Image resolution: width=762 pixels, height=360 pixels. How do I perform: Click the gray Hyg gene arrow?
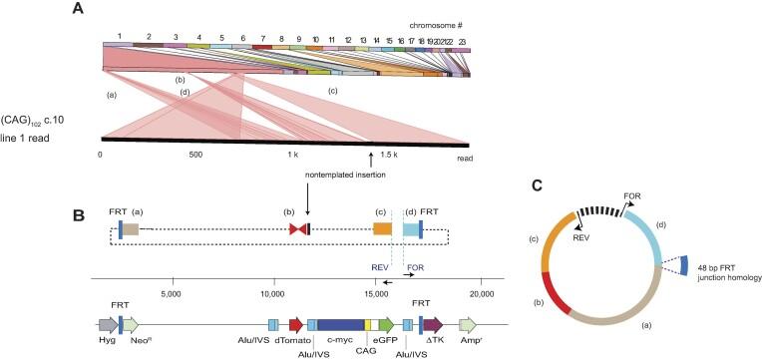107,324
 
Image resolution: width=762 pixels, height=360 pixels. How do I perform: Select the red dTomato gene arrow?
295,324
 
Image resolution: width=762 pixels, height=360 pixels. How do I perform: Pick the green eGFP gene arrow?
384,324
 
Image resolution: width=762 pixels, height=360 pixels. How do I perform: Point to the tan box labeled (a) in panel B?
132,229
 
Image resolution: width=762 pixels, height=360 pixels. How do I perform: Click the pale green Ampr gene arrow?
469,324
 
